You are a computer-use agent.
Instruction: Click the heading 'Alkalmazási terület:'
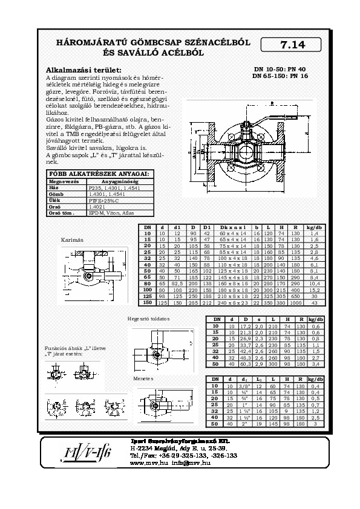[84, 70]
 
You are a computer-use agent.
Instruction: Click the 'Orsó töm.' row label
[61, 213]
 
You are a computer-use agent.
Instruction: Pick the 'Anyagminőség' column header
[119, 181]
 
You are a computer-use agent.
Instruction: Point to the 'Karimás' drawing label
[71, 240]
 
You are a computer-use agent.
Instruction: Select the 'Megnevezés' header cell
[61, 181]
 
